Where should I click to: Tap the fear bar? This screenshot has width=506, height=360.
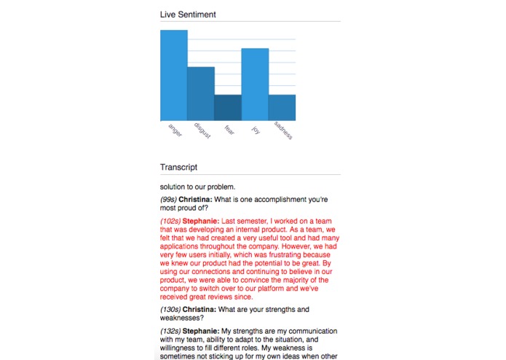point(228,108)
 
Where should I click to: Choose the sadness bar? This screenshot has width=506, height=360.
point(282,108)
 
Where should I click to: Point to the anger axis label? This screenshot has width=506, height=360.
point(175,130)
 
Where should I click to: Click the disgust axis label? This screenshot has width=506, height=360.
point(202,131)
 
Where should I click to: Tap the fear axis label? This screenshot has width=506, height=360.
point(229,129)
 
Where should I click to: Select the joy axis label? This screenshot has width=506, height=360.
point(256,128)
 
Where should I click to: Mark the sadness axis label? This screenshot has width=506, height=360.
point(282,131)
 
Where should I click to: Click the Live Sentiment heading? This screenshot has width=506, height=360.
point(188,14)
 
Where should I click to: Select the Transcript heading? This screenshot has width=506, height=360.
point(178,167)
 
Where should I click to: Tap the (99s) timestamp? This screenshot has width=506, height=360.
point(170,199)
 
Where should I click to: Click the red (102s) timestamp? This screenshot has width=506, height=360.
point(170,219)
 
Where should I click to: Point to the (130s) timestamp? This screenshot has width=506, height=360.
point(170,309)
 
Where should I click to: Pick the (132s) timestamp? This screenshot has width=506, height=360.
point(170,330)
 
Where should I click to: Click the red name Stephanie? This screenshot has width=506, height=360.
point(201,219)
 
